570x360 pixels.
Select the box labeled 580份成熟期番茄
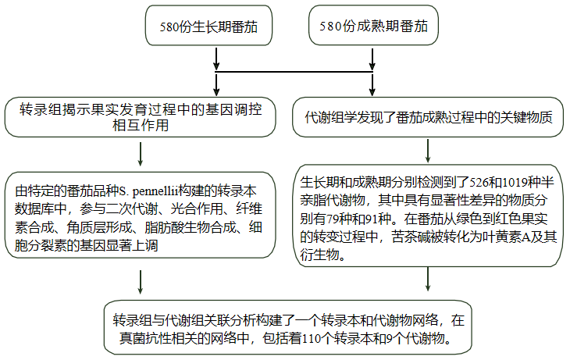(373, 26)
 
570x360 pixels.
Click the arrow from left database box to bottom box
(139, 280)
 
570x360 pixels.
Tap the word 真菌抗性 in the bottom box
(144, 340)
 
